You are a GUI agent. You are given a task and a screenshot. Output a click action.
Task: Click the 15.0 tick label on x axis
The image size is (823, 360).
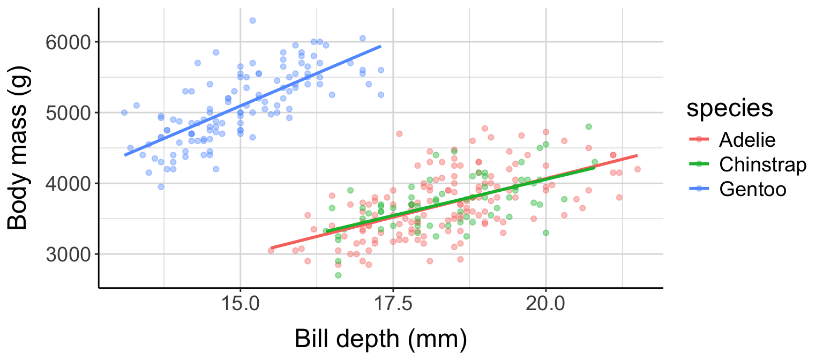(240, 305)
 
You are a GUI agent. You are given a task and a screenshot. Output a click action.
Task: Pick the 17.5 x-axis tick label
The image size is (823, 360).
(393, 305)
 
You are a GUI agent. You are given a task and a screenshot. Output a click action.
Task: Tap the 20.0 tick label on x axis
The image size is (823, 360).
(545, 305)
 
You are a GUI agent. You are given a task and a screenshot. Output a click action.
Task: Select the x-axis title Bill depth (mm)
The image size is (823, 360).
(380, 340)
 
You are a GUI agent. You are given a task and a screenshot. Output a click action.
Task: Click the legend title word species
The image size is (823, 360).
(730, 109)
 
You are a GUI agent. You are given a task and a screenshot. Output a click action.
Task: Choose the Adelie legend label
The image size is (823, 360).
(747, 140)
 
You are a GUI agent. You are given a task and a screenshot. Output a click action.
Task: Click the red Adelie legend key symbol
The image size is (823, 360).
(700, 140)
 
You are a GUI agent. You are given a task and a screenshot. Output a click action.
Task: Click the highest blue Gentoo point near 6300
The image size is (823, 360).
(252, 20)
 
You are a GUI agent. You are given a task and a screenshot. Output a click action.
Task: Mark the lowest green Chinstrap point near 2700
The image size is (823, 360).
(338, 275)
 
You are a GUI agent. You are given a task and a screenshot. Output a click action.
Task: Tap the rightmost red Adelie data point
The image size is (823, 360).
(637, 169)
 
